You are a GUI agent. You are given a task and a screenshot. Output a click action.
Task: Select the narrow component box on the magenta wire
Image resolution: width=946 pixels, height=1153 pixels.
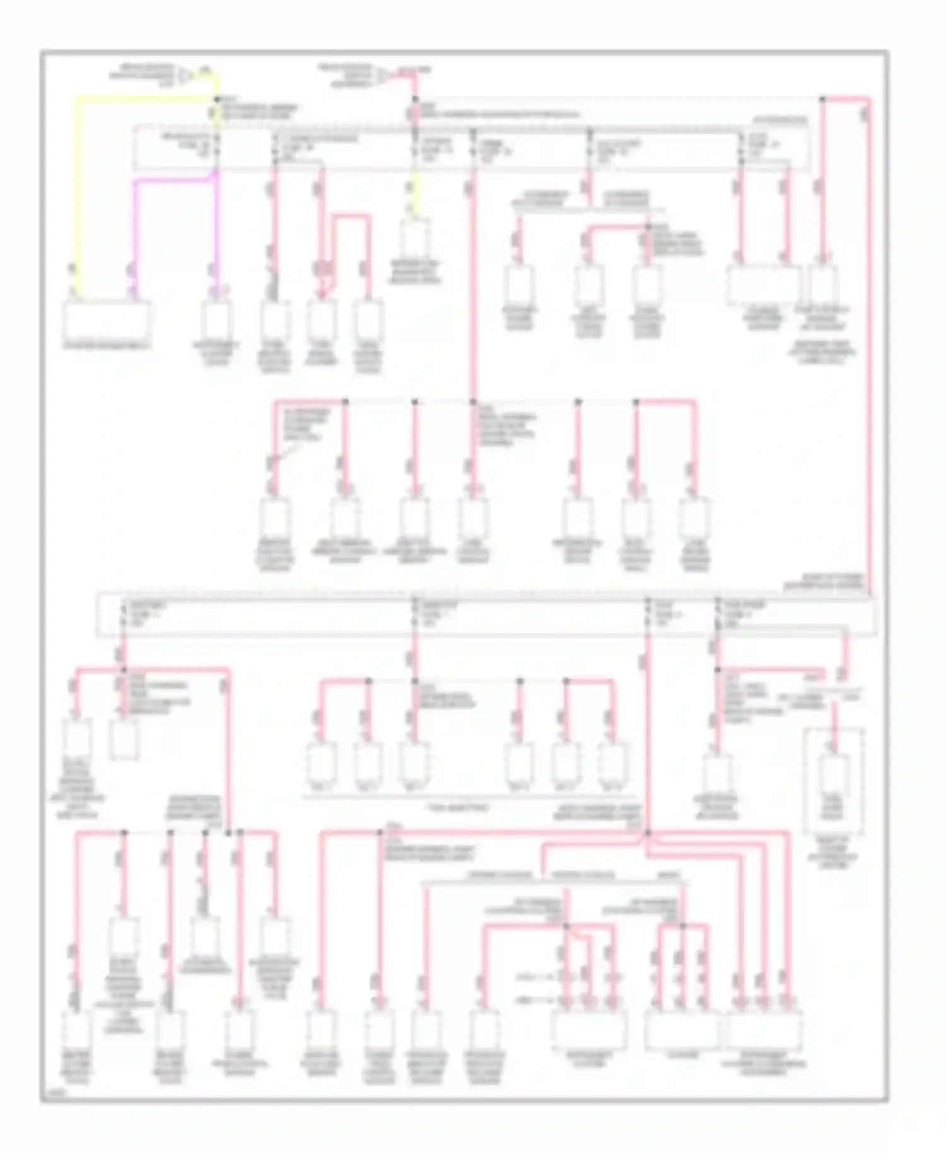(216, 319)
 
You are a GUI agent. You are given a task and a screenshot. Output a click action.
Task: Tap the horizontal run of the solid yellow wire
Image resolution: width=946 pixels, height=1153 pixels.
(145, 98)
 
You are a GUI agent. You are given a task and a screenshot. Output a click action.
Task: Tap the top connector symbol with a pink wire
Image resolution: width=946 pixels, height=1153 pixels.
(382, 76)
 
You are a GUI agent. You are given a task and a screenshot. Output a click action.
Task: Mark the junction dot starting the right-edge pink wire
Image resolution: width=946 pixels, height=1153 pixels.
(822, 99)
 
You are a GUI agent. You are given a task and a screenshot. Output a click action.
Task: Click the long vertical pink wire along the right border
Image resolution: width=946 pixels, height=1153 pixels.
(869, 347)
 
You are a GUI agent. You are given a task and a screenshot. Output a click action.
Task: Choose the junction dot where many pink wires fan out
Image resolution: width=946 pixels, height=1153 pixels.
(647, 834)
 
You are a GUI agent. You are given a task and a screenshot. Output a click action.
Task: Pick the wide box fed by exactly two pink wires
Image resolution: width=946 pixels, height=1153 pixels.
(763, 284)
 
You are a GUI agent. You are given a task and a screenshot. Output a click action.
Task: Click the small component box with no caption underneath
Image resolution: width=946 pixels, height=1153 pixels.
(124, 738)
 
